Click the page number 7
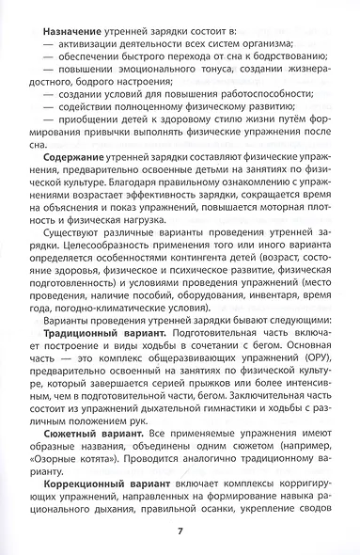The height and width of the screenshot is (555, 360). [x=180, y=531]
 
